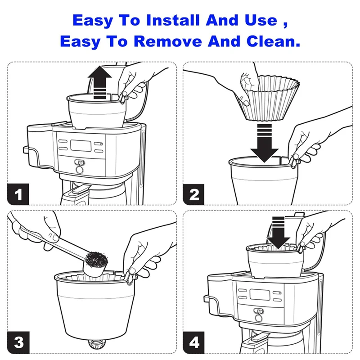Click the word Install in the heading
coord(173,20)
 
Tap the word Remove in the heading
coord(168,41)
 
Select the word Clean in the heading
coord(274,41)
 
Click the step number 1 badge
coord(18,194)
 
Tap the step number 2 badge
coord(193,194)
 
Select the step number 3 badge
coord(18,342)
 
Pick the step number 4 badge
coord(194,342)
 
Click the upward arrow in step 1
coord(99,82)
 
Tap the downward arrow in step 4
coord(279,233)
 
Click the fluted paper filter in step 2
coord(270,98)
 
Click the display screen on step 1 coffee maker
coord(81,145)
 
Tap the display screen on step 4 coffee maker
coord(260,295)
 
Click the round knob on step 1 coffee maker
coord(80,170)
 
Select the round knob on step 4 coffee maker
coord(259,318)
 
